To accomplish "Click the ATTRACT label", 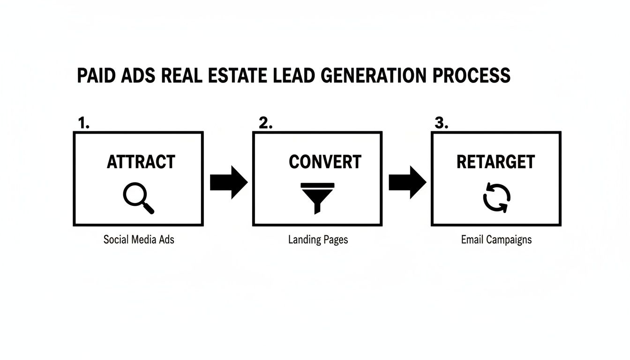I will (x=141, y=162).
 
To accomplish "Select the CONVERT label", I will (x=325, y=162).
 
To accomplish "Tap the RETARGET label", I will (x=495, y=162).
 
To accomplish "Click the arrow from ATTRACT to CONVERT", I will (x=228, y=182).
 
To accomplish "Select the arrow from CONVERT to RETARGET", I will (x=407, y=182).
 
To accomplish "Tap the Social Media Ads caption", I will (x=139, y=240).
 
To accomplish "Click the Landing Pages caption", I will (x=318, y=240).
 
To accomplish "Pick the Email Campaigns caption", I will (x=496, y=240).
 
